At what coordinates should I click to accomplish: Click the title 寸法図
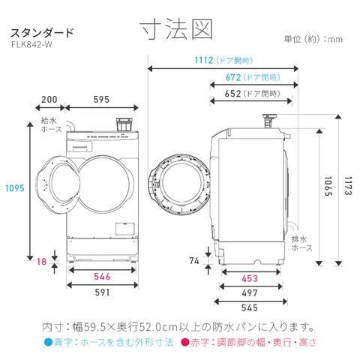pos(176,29)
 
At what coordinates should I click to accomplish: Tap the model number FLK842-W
pos(31,44)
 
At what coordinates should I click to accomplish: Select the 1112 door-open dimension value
pos(204,60)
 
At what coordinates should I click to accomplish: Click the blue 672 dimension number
pos(233,77)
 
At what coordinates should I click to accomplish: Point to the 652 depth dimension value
pos(232,94)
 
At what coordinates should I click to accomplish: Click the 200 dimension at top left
pos(49,100)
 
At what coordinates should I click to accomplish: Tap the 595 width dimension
pos(101,100)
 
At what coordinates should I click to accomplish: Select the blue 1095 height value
pos(15,188)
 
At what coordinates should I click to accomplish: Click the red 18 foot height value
pos(42,262)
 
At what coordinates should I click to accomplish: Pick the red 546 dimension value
pos(102,277)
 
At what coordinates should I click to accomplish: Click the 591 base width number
pos(102,292)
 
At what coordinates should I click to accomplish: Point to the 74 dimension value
pos(194,261)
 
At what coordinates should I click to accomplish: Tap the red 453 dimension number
pos(250,278)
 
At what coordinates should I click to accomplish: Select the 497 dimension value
pos(250,293)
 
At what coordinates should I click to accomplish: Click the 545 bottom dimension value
pos(250,307)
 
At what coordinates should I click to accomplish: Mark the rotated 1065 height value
pos(328,186)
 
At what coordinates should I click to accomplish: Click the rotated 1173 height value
pos(348,186)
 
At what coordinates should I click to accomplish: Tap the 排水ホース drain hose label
pos(302,244)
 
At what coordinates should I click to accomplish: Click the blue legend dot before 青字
pos(48,342)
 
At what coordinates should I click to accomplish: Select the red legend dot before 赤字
pos(184,342)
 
